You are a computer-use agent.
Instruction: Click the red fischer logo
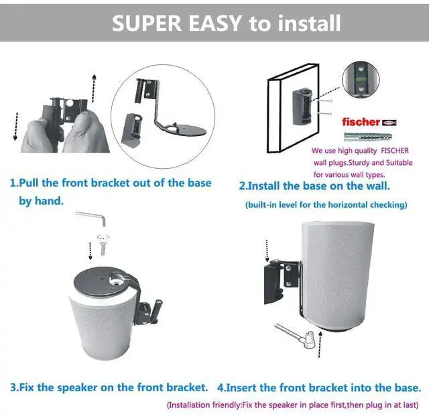click(x=369, y=122)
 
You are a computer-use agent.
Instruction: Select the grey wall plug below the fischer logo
click(x=368, y=137)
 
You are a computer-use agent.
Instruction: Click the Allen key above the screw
click(x=91, y=218)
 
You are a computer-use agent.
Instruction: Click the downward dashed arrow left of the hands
click(x=16, y=127)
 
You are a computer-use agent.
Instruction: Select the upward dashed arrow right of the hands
click(x=94, y=88)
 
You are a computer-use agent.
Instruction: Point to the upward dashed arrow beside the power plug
click(x=320, y=344)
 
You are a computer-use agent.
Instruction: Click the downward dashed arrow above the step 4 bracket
click(x=267, y=251)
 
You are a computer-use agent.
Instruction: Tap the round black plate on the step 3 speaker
click(x=105, y=283)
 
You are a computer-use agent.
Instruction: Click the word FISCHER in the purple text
click(x=395, y=151)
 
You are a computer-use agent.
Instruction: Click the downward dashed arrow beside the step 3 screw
click(x=90, y=251)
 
